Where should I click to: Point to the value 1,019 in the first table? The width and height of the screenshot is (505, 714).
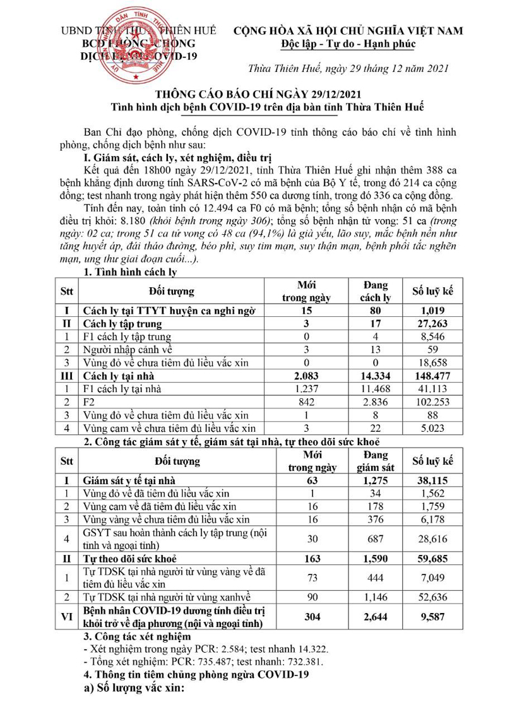coord(433,311)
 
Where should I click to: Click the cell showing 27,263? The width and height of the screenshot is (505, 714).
coord(433,324)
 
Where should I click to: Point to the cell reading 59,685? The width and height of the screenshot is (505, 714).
coord(433,559)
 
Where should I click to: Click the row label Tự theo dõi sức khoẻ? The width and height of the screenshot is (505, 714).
coord(131,559)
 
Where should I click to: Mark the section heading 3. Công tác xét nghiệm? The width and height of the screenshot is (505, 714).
coord(133,636)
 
